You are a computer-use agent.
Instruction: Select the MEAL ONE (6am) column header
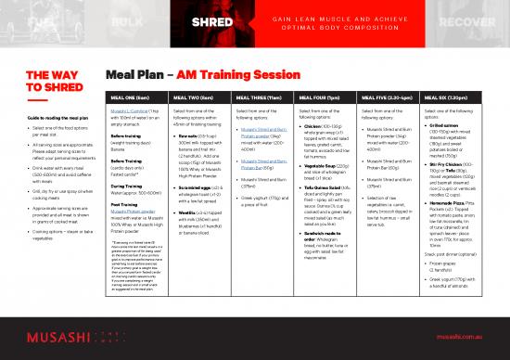pyautogui.click(x=128, y=96)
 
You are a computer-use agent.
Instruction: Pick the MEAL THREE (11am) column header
pyautogui.click(x=257, y=96)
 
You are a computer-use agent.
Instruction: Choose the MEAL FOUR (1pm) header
pyautogui.click(x=320, y=96)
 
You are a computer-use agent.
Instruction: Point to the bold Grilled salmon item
pyautogui.click(x=452, y=126)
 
